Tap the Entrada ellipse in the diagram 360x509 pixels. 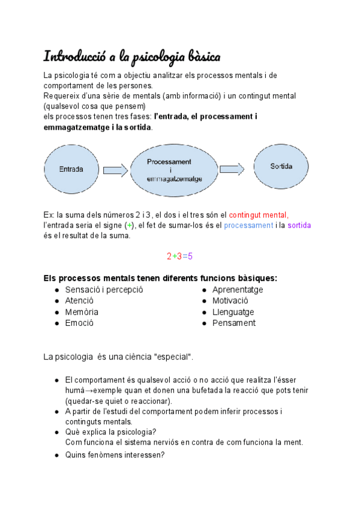(71, 170)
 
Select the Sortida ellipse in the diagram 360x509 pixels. (281, 166)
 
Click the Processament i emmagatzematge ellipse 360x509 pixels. (175, 170)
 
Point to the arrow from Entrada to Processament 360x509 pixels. (115, 170)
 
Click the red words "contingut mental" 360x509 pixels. (258, 214)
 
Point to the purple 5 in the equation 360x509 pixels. (190, 256)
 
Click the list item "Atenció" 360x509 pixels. (79, 301)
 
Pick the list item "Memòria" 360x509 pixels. (82, 312)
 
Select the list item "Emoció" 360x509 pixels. (79, 323)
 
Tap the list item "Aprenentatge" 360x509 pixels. (237, 290)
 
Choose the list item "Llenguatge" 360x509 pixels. (233, 312)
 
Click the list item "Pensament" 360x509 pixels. (233, 323)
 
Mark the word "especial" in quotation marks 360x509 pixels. (173, 357)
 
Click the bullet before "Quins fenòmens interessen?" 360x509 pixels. (56, 455)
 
